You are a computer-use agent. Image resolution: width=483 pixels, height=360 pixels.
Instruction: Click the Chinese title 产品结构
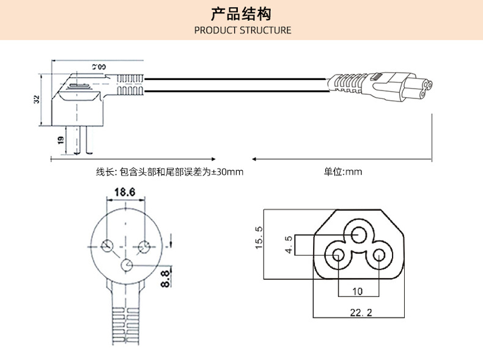242,14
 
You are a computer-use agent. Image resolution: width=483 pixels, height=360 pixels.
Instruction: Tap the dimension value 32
36,100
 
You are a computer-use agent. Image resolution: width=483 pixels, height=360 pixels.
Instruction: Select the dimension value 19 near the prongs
61,140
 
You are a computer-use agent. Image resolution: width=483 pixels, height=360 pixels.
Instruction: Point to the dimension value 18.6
124,192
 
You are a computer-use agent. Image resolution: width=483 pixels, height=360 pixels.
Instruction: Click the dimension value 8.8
164,279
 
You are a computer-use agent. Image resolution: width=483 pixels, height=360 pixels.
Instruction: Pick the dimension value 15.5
259,238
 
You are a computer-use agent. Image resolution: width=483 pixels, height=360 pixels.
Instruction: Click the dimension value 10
357,291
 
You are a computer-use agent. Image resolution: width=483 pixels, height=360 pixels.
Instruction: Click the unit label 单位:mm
343,172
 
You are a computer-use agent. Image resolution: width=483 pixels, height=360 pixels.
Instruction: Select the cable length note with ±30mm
169,172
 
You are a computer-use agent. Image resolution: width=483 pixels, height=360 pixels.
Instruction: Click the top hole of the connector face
358,235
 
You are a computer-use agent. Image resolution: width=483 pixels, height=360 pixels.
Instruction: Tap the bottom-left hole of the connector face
338,255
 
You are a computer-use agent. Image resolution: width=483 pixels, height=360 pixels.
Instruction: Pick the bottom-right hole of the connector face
378,255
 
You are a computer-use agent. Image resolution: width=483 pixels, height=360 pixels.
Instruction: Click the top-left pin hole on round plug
108,246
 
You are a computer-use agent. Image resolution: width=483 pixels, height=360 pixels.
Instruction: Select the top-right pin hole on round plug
145,246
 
